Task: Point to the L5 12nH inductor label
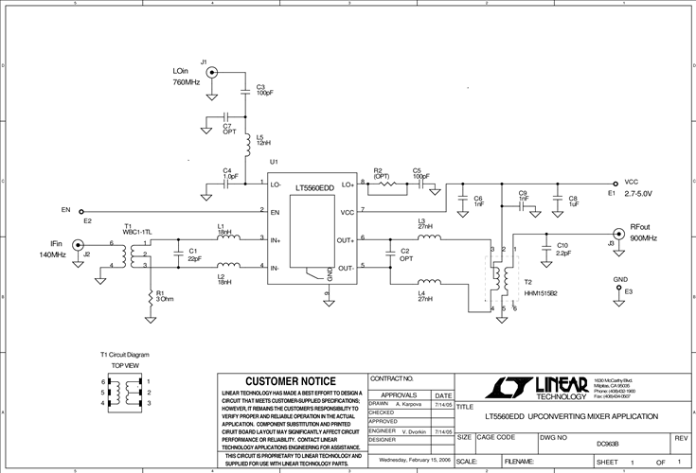[263, 139]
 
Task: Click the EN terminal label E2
[87, 220]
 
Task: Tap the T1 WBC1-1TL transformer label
[137, 229]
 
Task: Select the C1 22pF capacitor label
[194, 254]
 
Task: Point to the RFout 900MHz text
[643, 233]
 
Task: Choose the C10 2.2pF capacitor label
[562, 249]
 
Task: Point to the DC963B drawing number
[607, 443]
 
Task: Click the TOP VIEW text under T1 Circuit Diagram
[127, 364]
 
